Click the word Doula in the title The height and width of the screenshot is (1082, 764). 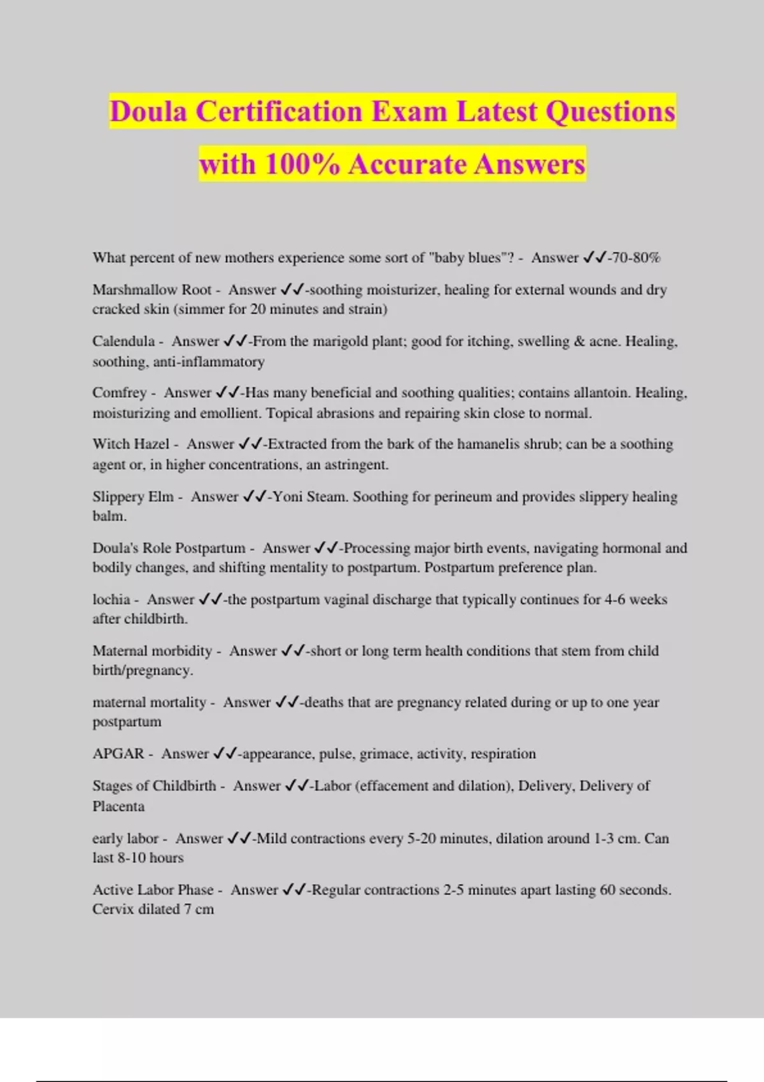[148, 112]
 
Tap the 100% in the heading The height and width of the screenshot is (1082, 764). [302, 164]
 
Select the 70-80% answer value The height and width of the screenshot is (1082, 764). [635, 258]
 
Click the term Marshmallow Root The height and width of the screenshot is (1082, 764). [152, 290]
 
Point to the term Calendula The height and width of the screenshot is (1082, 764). [124, 341]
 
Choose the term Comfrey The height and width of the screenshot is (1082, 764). [119, 393]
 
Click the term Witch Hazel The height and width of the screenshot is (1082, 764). [131, 444]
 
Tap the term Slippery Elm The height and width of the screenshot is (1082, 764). [132, 496]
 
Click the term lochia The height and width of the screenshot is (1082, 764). [111, 600]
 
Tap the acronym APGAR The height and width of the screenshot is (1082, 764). [118, 754]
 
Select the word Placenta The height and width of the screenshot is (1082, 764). [118, 806]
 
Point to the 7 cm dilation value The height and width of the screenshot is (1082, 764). [199, 910]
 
